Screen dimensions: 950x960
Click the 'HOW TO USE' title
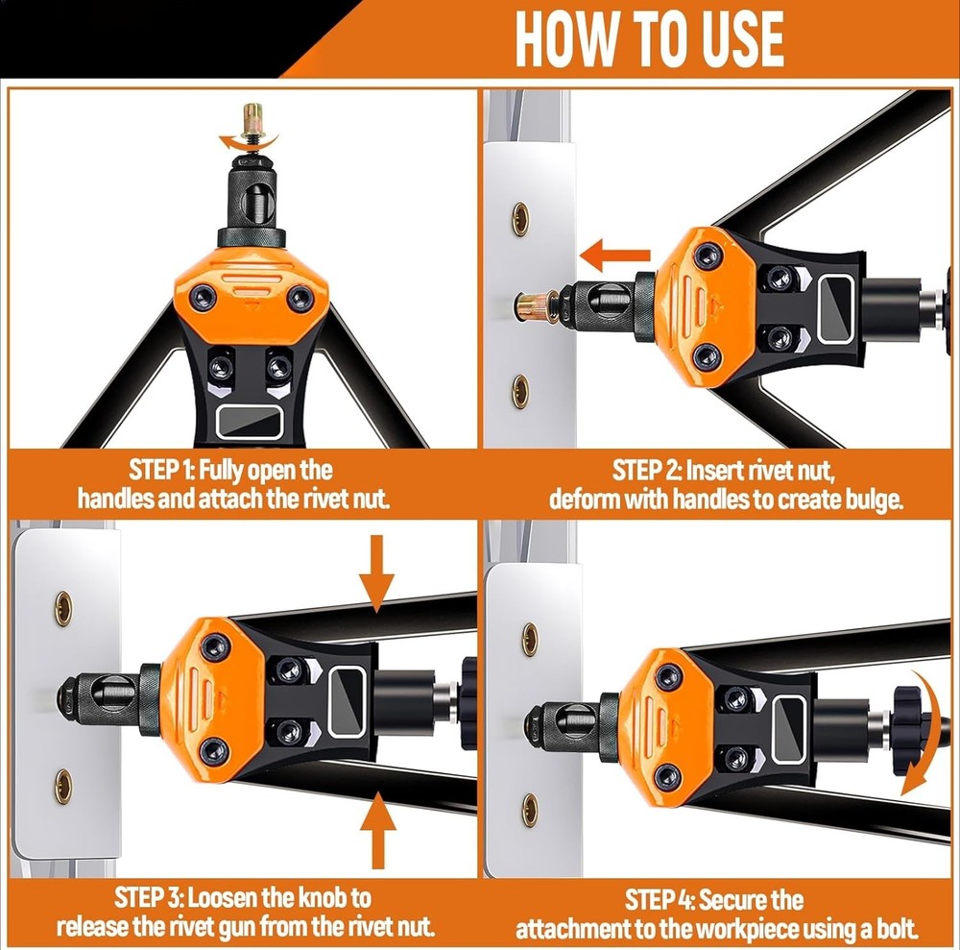coord(649,39)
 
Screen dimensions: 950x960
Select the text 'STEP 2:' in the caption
coord(648,471)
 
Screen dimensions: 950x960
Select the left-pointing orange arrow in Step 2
coord(616,257)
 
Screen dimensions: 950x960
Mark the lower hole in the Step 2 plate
coord(519,391)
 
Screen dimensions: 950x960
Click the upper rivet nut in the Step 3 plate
coord(62,608)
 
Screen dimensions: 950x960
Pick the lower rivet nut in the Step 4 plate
coord(530,810)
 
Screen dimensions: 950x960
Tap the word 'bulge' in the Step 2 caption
coord(871,500)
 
